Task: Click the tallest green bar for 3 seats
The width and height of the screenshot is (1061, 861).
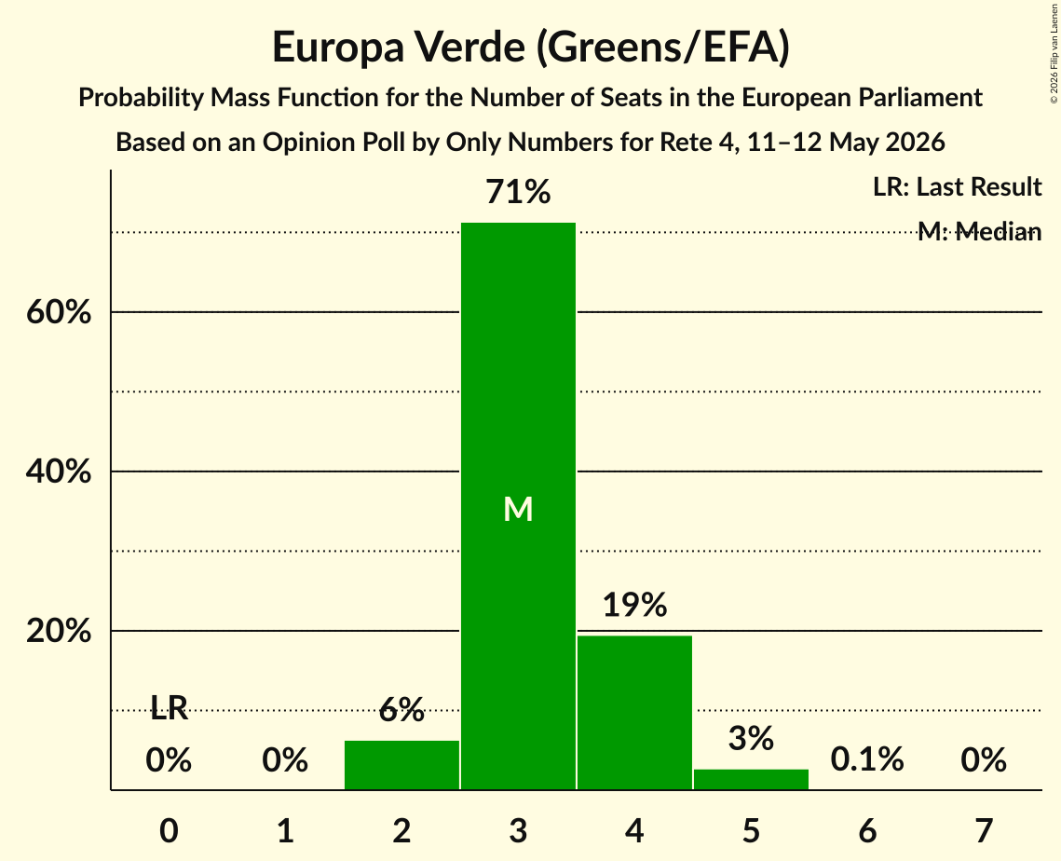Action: (518, 506)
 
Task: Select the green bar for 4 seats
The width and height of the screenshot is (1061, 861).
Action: (634, 713)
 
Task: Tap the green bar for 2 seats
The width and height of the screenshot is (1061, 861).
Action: (401, 765)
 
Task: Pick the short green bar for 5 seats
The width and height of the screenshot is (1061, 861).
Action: (751, 779)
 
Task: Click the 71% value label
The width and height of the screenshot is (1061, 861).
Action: (518, 191)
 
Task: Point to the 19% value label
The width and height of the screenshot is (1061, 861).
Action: (634, 604)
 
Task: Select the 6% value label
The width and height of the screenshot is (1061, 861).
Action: (401, 709)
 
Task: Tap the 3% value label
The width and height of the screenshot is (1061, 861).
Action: (751, 738)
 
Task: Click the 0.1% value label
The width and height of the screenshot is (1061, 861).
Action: (867, 759)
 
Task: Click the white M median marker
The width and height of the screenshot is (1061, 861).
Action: (518, 509)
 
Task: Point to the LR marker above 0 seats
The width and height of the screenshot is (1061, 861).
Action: (169, 708)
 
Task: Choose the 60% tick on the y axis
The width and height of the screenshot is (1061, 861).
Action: (59, 312)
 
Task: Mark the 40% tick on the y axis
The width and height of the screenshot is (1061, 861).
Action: (59, 471)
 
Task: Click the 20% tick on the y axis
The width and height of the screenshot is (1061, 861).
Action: (59, 631)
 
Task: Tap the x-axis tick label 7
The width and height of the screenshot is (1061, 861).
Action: (984, 830)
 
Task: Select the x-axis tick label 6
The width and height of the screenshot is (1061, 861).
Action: (867, 830)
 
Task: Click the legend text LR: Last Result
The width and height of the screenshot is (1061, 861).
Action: (958, 186)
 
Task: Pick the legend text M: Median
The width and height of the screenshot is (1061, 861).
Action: (980, 231)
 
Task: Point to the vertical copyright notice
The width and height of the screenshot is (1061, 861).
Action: (1054, 53)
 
